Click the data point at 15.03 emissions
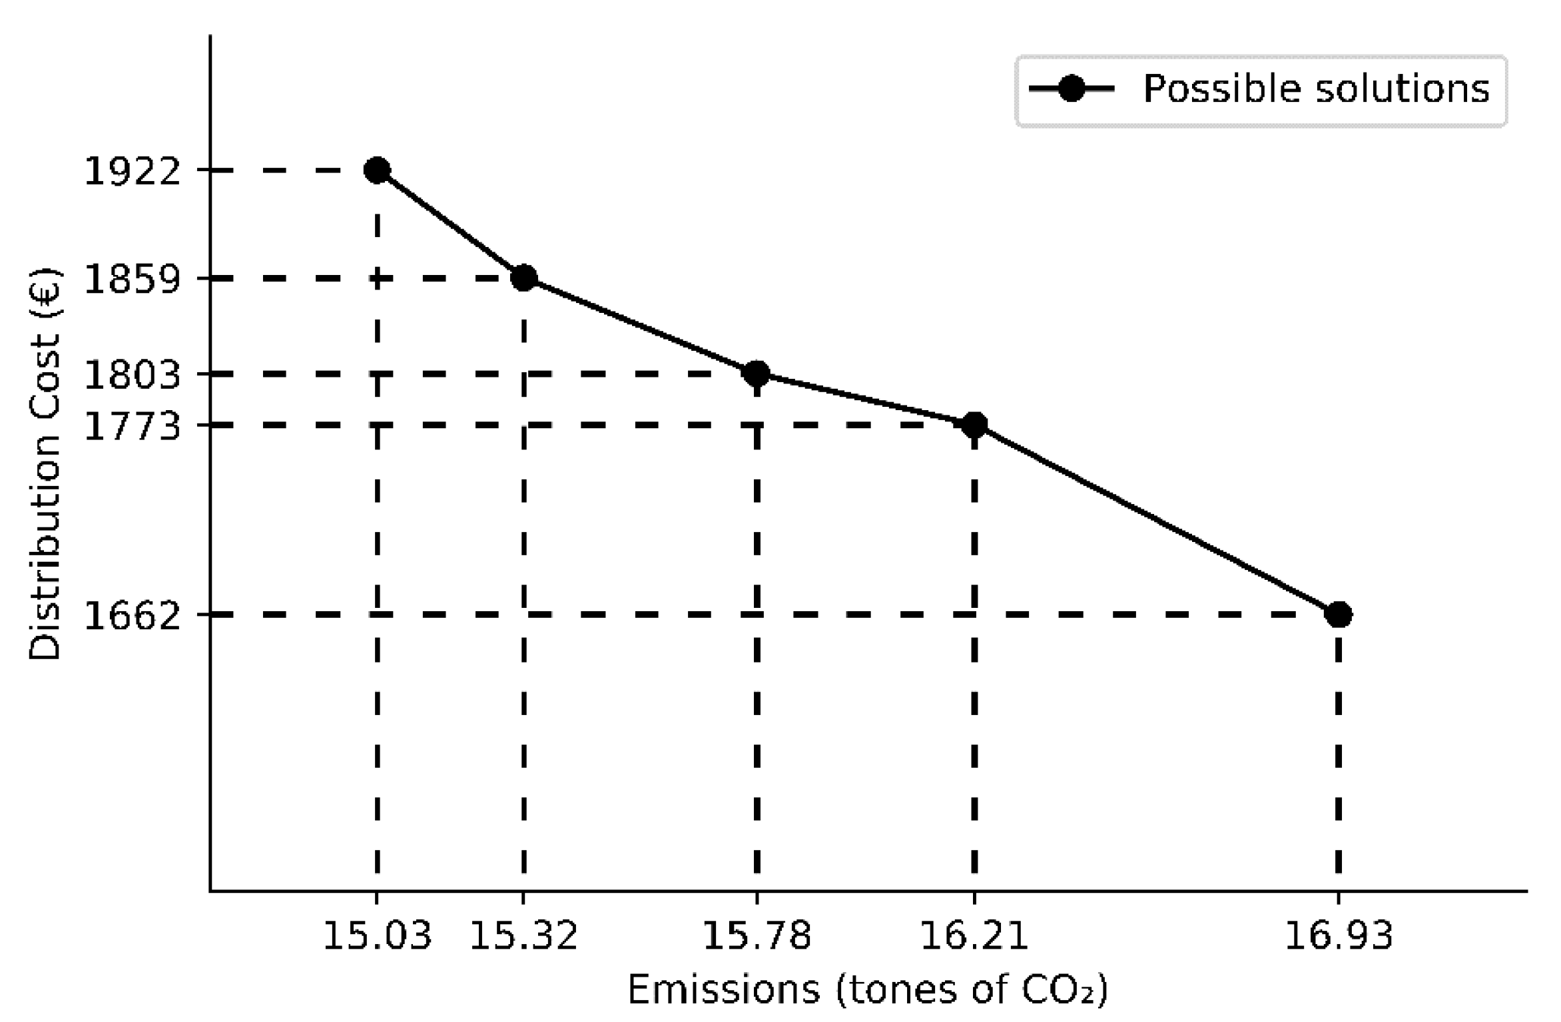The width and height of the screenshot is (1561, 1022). coord(377,170)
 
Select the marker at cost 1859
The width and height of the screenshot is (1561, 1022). coord(524,278)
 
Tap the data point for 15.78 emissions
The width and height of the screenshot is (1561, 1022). coord(757,374)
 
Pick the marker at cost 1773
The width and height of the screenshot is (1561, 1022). coord(974,425)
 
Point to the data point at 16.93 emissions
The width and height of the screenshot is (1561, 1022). coord(1339,615)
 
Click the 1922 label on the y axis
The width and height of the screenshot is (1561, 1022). coord(132,172)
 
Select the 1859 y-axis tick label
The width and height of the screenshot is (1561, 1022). coord(132,279)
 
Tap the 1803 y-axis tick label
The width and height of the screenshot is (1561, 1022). coord(132,375)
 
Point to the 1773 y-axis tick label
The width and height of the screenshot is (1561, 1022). coord(132,426)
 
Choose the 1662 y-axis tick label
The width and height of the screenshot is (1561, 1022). coord(132,616)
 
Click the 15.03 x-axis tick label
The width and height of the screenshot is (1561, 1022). coord(377,935)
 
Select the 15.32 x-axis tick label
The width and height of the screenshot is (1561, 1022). coord(524,935)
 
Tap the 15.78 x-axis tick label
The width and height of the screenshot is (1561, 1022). coord(757,935)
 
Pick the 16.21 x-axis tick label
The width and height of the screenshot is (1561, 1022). coord(974,935)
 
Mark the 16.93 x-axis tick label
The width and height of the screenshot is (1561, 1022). coord(1339,935)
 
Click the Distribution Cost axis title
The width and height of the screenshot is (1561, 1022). coord(45,464)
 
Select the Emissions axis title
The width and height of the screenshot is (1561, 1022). coord(868,990)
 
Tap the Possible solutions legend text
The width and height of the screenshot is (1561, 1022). coord(1316,89)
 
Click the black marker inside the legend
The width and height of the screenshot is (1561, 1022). coord(1072,89)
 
